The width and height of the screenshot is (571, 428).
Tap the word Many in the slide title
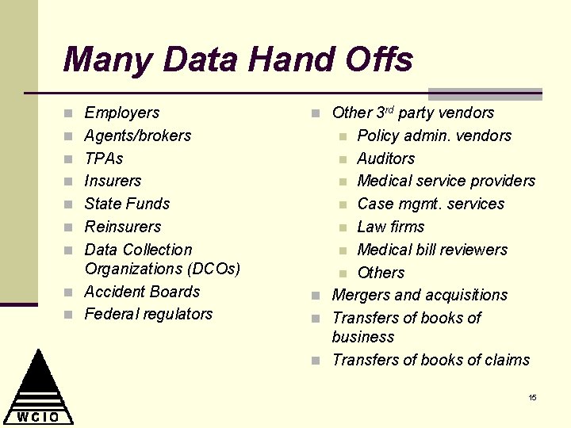pyautogui.click(x=96, y=60)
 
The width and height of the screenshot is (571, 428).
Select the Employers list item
pyautogui.click(x=121, y=113)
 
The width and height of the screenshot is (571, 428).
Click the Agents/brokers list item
pyautogui.click(x=137, y=136)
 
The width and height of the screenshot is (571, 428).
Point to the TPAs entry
pyautogui.click(x=104, y=159)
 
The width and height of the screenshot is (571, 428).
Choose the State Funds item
pyautogui.click(x=127, y=204)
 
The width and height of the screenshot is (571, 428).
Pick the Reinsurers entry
pyautogui.click(x=122, y=227)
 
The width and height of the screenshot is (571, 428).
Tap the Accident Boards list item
pyautogui.click(x=142, y=292)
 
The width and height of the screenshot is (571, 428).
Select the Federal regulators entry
pyautogui.click(x=148, y=314)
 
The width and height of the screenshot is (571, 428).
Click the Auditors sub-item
pyautogui.click(x=385, y=159)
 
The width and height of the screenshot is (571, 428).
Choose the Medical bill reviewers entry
pyautogui.click(x=431, y=250)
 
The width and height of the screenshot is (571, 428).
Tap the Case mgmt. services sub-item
pyautogui.click(x=431, y=204)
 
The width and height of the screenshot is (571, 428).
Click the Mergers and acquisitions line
pyautogui.click(x=420, y=295)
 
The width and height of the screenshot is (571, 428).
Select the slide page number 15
pyautogui.click(x=532, y=397)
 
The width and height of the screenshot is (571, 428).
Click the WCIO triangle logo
pyautogui.click(x=38, y=388)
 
